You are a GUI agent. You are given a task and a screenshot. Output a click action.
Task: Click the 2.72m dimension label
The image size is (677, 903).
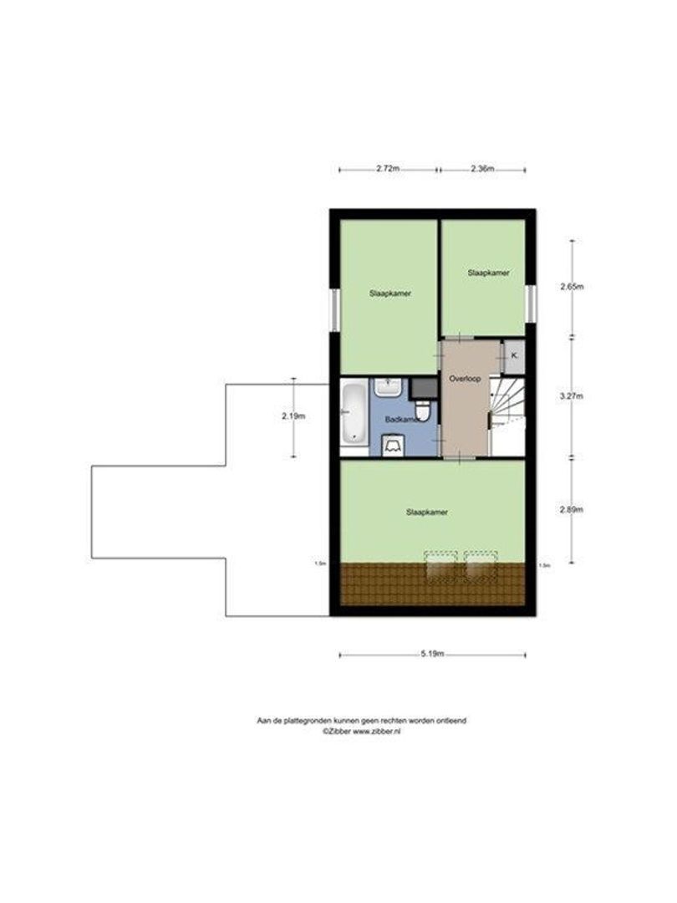[386, 169]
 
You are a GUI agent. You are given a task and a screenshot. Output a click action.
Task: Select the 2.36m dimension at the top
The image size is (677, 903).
[482, 169]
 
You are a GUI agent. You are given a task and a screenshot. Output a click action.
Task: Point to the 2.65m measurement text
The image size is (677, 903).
[572, 287]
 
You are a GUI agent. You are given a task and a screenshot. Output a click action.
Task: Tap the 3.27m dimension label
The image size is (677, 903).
[572, 396]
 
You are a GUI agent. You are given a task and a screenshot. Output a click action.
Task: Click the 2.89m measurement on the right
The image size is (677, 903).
[572, 509]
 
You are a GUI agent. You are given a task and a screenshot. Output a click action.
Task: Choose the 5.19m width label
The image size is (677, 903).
[431, 654]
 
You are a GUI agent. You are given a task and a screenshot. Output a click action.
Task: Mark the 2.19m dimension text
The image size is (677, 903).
[293, 416]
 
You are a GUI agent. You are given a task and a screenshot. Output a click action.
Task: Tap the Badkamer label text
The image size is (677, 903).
[402, 418]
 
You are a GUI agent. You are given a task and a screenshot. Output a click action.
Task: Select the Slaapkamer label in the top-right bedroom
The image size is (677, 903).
[489, 273]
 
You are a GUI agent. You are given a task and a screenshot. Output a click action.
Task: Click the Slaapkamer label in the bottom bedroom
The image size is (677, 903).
[426, 512]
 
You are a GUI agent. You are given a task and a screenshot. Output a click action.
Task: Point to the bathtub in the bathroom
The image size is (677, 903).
[354, 411]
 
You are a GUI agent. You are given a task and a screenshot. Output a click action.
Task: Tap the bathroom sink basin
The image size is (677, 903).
[389, 387]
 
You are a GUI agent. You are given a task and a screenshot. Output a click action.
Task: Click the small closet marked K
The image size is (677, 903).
[513, 355]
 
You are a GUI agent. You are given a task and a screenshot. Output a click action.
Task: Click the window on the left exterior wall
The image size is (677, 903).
[334, 309]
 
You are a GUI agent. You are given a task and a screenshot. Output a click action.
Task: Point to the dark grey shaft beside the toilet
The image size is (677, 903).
[424, 386]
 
